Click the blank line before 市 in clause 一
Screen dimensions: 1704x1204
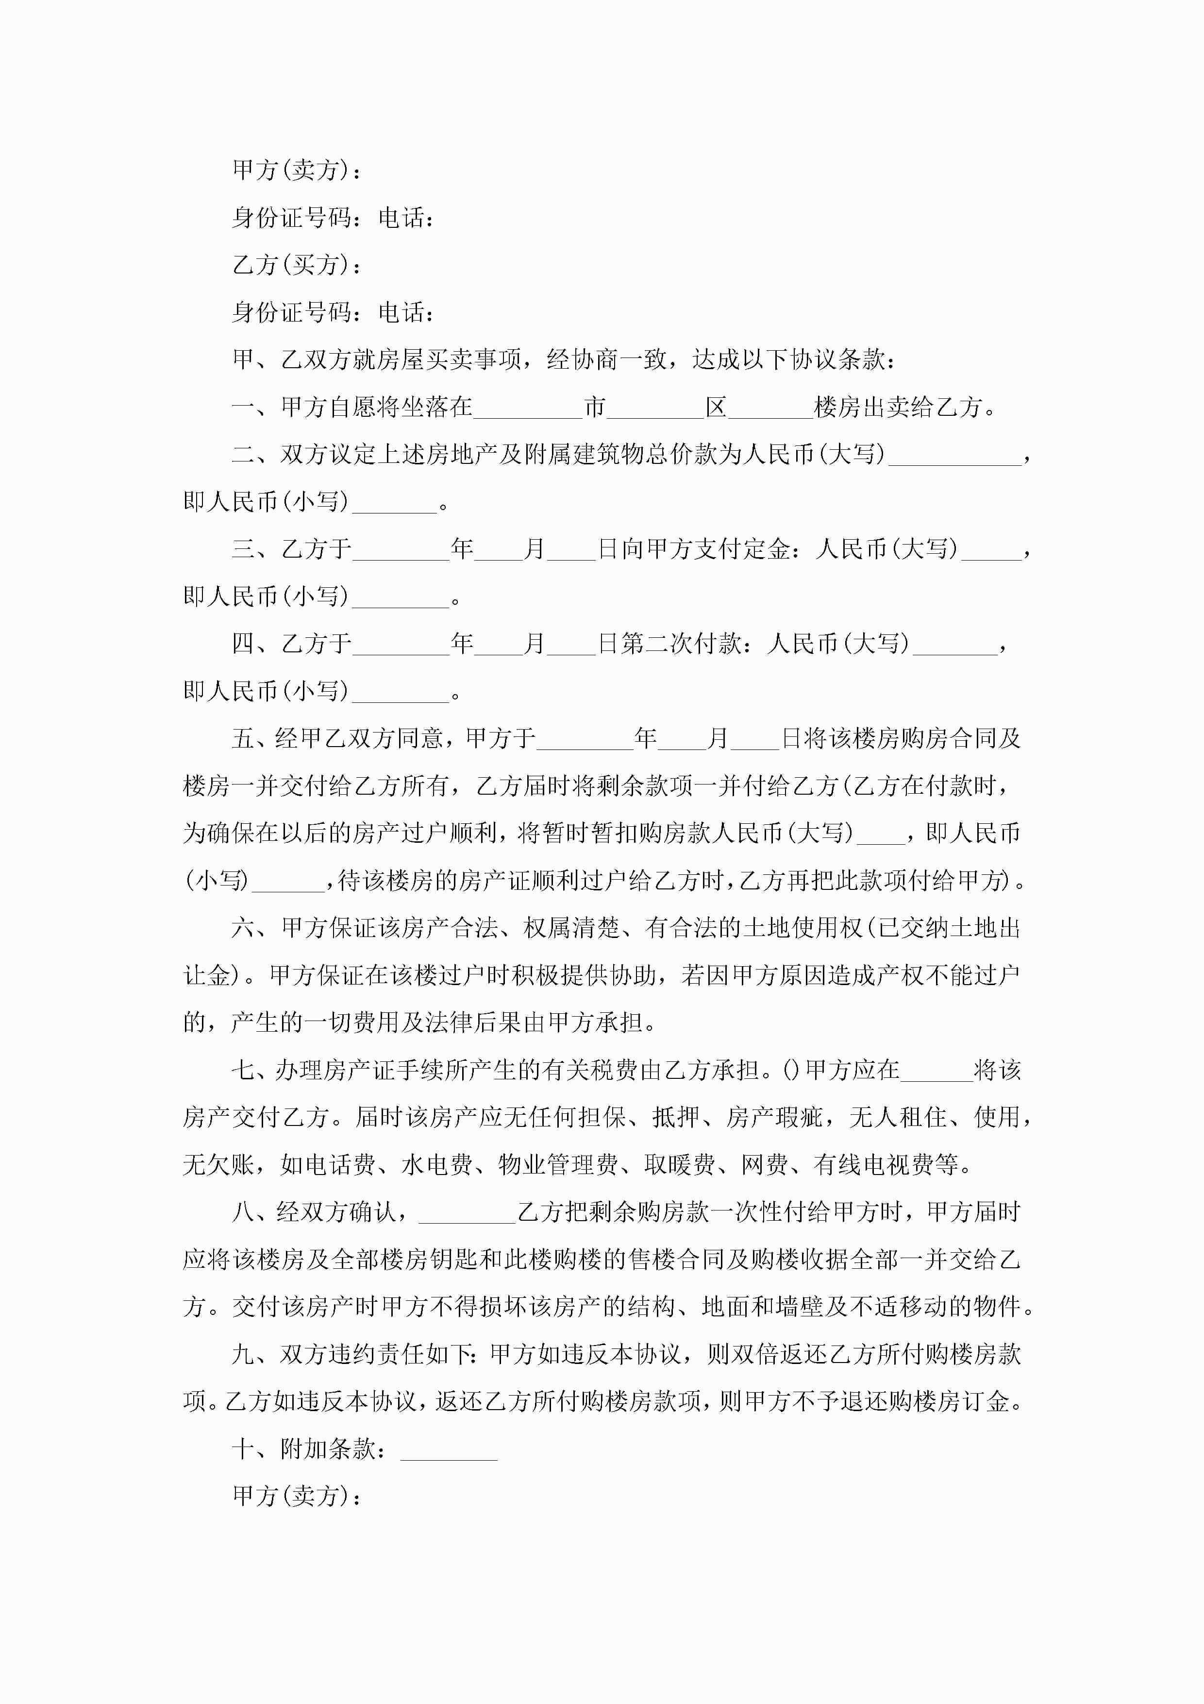click(527, 408)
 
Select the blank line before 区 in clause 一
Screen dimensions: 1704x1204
click(655, 408)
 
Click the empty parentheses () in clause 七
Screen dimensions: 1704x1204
click(791, 1070)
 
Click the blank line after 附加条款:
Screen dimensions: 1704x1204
click(449, 1450)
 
